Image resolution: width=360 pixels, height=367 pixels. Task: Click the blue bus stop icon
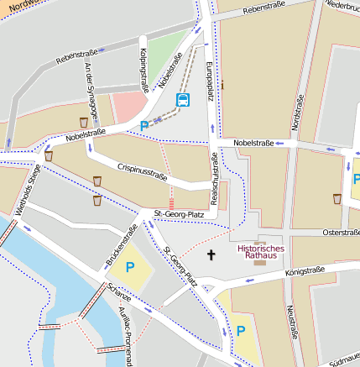coord(182,100)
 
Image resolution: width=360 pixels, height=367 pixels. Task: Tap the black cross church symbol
coord(211,254)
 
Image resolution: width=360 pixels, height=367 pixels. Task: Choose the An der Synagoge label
coord(91,93)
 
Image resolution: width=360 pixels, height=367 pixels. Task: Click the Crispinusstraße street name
coord(143,171)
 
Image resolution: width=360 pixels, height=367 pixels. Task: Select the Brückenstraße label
coord(122,246)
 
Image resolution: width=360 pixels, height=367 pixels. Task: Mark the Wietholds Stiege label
coord(28,191)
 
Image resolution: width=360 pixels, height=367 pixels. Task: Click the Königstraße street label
coord(304,271)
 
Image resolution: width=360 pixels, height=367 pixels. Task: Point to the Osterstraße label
coord(341,232)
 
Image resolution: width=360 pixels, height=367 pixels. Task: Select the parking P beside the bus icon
coord(144,126)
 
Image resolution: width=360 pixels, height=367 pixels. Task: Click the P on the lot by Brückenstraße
coord(129,268)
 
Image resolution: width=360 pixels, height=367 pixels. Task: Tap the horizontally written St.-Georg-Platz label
coord(179,215)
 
